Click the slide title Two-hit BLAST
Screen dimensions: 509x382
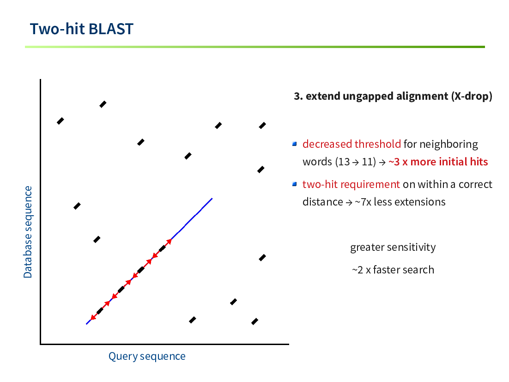point(81,29)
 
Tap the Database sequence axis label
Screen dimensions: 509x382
point(28,232)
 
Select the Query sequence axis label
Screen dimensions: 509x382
point(147,356)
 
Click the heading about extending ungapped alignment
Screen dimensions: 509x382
point(393,97)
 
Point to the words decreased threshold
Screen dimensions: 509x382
point(351,144)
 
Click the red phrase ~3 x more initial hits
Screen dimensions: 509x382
point(438,162)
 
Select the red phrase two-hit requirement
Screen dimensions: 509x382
point(351,184)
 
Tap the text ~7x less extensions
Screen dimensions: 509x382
point(400,202)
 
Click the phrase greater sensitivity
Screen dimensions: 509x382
point(393,247)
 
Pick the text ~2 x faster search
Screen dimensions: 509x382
point(393,270)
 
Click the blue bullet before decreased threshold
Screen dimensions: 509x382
point(294,144)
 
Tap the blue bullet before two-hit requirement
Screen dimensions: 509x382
point(294,184)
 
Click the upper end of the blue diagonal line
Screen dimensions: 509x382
point(212,198)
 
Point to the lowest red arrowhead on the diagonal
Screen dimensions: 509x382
point(93,317)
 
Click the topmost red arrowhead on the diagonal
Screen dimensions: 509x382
point(169,242)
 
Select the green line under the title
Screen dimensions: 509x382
point(255,47)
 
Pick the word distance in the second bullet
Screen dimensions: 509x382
point(323,202)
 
